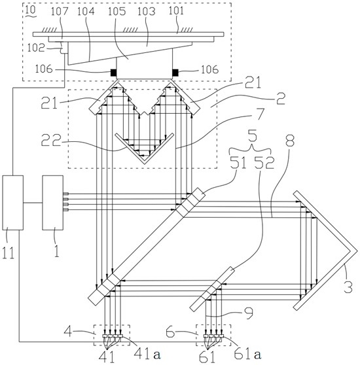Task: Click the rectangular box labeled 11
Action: point(13,203)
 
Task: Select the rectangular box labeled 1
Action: point(52,203)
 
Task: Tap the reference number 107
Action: point(60,11)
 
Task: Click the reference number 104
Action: point(86,11)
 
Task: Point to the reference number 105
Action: point(117,11)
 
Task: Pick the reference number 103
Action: point(146,11)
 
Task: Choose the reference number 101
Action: point(176,11)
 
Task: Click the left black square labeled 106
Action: point(113,73)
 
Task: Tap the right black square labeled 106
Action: point(175,73)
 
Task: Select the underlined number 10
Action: point(30,10)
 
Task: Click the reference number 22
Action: point(51,141)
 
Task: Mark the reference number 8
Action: point(290,141)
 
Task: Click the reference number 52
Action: point(264,162)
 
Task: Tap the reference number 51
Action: point(238,162)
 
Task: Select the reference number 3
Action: point(348,287)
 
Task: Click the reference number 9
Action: point(248,313)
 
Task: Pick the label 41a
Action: point(147,354)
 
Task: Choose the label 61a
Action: point(248,354)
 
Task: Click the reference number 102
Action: point(36,48)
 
